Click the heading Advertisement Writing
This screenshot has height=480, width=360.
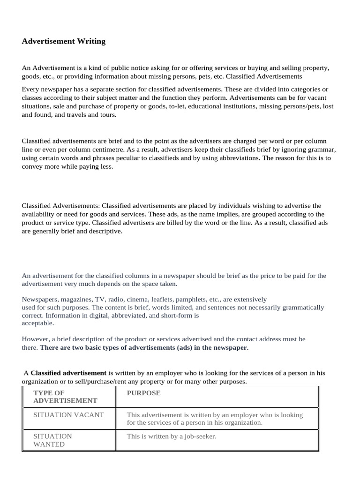click(64, 41)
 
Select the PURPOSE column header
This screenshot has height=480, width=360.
click(143, 393)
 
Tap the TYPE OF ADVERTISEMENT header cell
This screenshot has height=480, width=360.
click(65, 397)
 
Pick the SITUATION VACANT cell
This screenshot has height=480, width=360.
click(68, 415)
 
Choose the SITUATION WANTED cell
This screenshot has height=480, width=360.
click(52, 440)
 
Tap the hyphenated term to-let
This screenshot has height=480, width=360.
click(171, 106)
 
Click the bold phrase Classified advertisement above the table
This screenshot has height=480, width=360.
click(68, 373)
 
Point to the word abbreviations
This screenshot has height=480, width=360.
click(233, 158)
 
